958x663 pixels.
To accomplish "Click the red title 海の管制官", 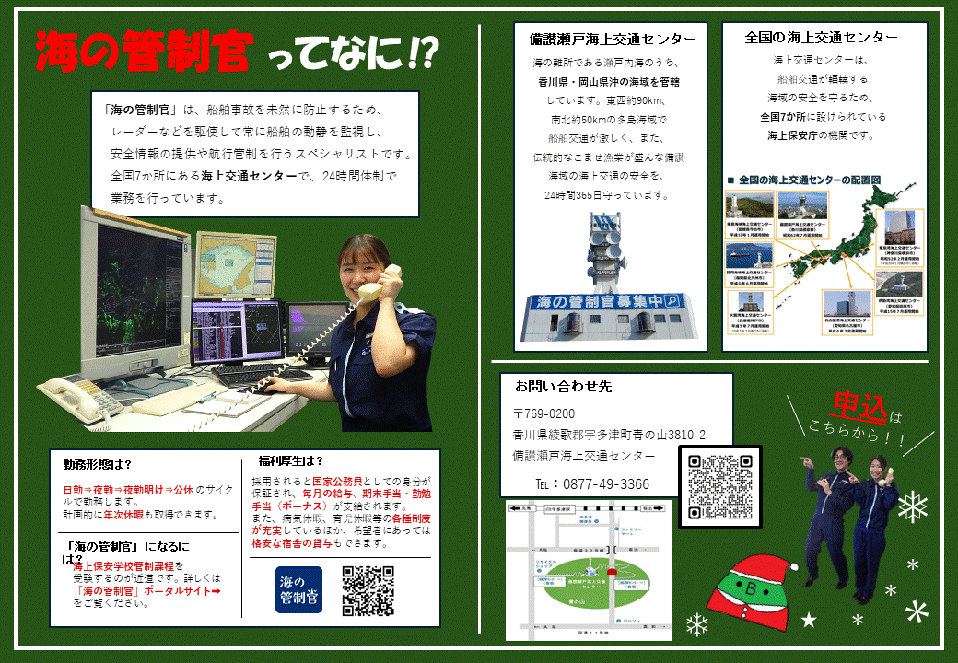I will (x=143, y=52).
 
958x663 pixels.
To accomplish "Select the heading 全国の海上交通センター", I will (x=822, y=38).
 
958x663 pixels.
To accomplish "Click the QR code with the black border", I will (x=720, y=486).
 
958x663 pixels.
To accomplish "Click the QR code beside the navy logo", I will (x=368, y=590).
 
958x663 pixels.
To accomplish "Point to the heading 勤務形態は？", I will (x=98, y=464).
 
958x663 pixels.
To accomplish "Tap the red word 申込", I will (x=859, y=404).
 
